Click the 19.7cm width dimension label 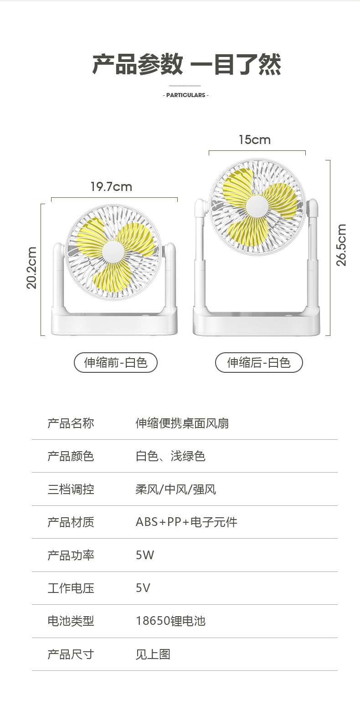pos(111,187)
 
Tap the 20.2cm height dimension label pos(32,268)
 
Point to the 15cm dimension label pos(254,140)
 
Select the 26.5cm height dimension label pos(341,245)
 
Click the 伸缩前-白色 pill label pos(116,363)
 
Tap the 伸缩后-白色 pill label pos(259,363)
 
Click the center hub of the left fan pos(113,252)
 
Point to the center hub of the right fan pos(257,206)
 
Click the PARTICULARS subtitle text pos(185,95)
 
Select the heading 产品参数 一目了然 pos(186,64)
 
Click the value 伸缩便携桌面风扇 pos(182,423)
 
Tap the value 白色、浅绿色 pos(170,456)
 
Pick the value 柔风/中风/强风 pos(175,489)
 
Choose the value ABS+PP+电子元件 pos(186,522)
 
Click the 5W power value pos(145,555)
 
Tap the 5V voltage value pos(143,588)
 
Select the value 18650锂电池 pos(170,621)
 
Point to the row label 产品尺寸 pos(71,654)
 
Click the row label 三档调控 pos(71,489)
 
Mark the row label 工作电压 pos(71,588)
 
